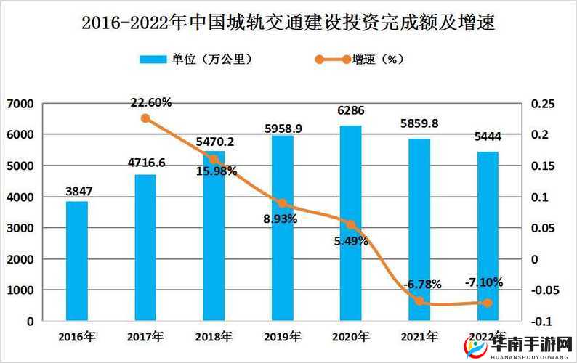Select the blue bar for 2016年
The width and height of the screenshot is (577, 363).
(77, 261)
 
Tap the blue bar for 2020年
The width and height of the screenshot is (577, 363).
(351, 223)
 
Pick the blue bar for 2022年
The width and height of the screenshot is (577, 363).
(488, 236)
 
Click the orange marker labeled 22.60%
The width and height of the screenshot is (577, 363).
(145, 118)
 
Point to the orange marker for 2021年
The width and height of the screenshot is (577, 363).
(419, 301)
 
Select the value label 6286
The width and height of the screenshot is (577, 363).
(351, 111)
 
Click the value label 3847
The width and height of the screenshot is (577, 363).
(78, 191)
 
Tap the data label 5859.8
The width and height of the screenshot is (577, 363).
(419, 123)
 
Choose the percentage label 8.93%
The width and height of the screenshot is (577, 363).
(280, 218)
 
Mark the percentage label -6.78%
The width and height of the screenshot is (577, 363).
(422, 284)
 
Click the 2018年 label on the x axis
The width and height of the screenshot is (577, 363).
(214, 336)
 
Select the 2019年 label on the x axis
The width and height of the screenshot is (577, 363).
(282, 336)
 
